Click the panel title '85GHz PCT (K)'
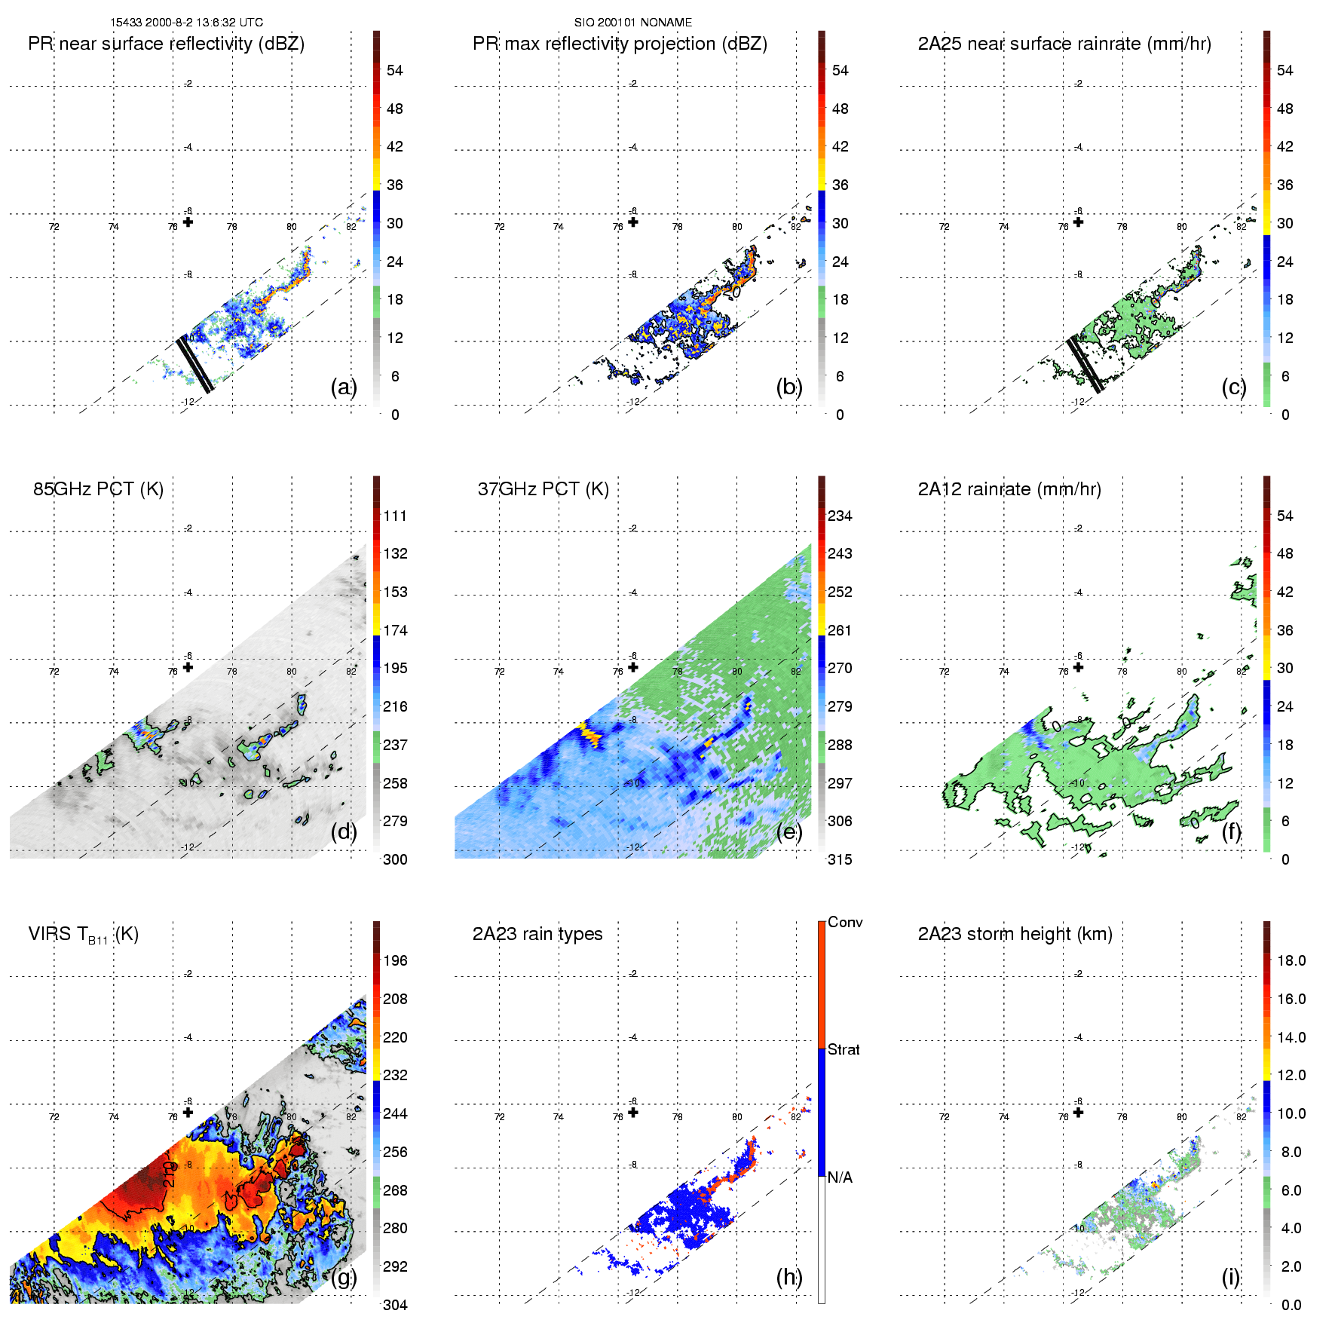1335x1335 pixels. tap(98, 489)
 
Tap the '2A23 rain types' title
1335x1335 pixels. tap(537, 934)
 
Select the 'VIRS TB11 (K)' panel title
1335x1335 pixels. tap(83, 935)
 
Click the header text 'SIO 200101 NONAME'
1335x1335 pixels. tap(632, 23)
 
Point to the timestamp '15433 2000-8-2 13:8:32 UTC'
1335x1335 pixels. tap(186, 23)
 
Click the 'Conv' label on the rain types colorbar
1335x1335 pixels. tap(844, 922)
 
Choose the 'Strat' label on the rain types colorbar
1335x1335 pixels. tap(843, 1049)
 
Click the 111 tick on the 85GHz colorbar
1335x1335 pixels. tap(395, 516)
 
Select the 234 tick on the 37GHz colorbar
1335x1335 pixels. tap(840, 516)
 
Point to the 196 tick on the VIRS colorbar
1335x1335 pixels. tap(395, 960)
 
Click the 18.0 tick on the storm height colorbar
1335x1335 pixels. tap(1291, 960)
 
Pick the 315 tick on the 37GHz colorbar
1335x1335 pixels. tap(840, 859)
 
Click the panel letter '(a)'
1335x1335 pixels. tap(343, 387)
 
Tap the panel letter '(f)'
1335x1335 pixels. tap(1232, 831)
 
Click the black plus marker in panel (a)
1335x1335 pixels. tap(188, 222)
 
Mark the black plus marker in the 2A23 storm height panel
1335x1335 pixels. tap(1078, 1112)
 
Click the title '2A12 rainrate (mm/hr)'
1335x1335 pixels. tap(1009, 489)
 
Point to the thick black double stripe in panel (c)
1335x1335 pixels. tap(1085, 364)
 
